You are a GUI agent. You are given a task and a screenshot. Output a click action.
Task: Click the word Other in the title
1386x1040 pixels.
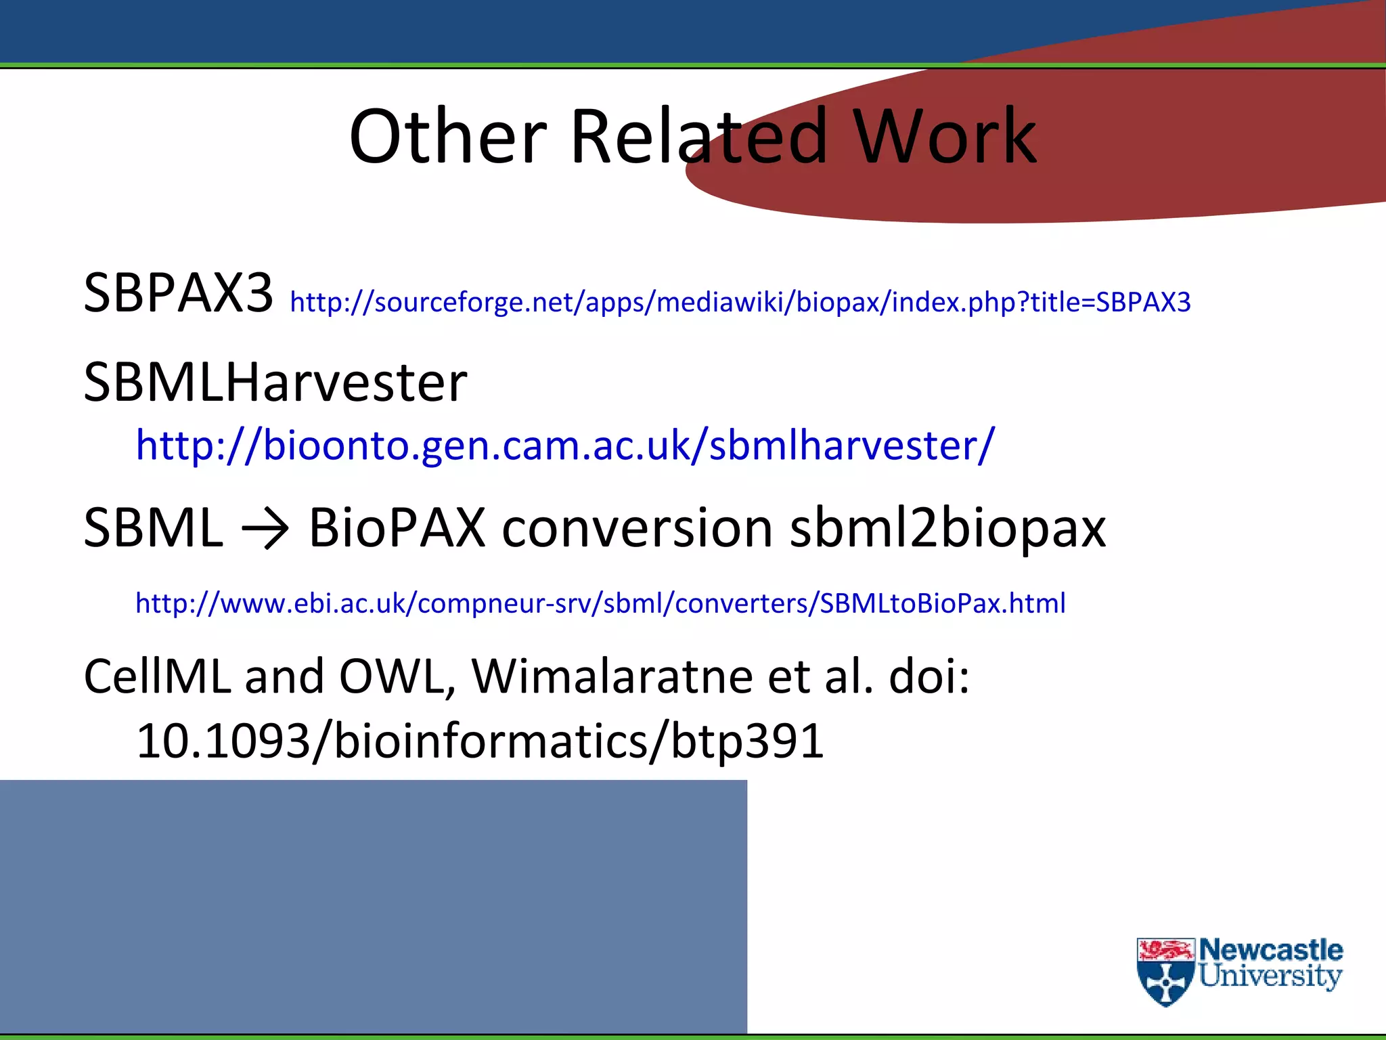(x=447, y=137)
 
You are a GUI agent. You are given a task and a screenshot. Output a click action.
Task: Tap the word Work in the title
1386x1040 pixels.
(x=944, y=137)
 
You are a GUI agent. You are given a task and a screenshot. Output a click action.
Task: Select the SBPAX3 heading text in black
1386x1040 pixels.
(x=178, y=292)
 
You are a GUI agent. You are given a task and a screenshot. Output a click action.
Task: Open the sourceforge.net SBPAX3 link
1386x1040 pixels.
(x=740, y=302)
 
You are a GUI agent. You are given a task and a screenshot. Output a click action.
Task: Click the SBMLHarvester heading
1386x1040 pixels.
(x=275, y=383)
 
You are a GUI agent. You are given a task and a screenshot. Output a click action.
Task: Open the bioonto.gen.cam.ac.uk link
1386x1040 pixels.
(x=565, y=446)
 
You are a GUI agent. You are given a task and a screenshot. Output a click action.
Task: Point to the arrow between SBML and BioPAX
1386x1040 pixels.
(x=265, y=529)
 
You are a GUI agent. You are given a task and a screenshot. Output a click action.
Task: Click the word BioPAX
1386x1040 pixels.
(x=397, y=527)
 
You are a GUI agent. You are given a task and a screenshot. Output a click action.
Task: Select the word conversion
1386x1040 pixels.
(x=637, y=527)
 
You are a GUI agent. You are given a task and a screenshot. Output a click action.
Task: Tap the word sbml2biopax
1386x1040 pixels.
(x=947, y=529)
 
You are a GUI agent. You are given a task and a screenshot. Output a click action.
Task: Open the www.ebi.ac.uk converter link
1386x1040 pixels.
(x=600, y=603)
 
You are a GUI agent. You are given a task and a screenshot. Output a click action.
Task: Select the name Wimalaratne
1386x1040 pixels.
(x=612, y=676)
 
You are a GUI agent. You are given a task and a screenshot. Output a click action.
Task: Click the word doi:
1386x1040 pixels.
(x=929, y=676)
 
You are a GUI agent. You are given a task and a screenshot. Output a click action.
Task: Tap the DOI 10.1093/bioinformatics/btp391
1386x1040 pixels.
(x=480, y=741)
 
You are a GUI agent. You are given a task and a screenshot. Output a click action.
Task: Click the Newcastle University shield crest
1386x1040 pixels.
(x=1165, y=972)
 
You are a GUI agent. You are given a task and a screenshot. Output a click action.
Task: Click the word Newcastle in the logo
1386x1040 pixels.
(x=1270, y=951)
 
